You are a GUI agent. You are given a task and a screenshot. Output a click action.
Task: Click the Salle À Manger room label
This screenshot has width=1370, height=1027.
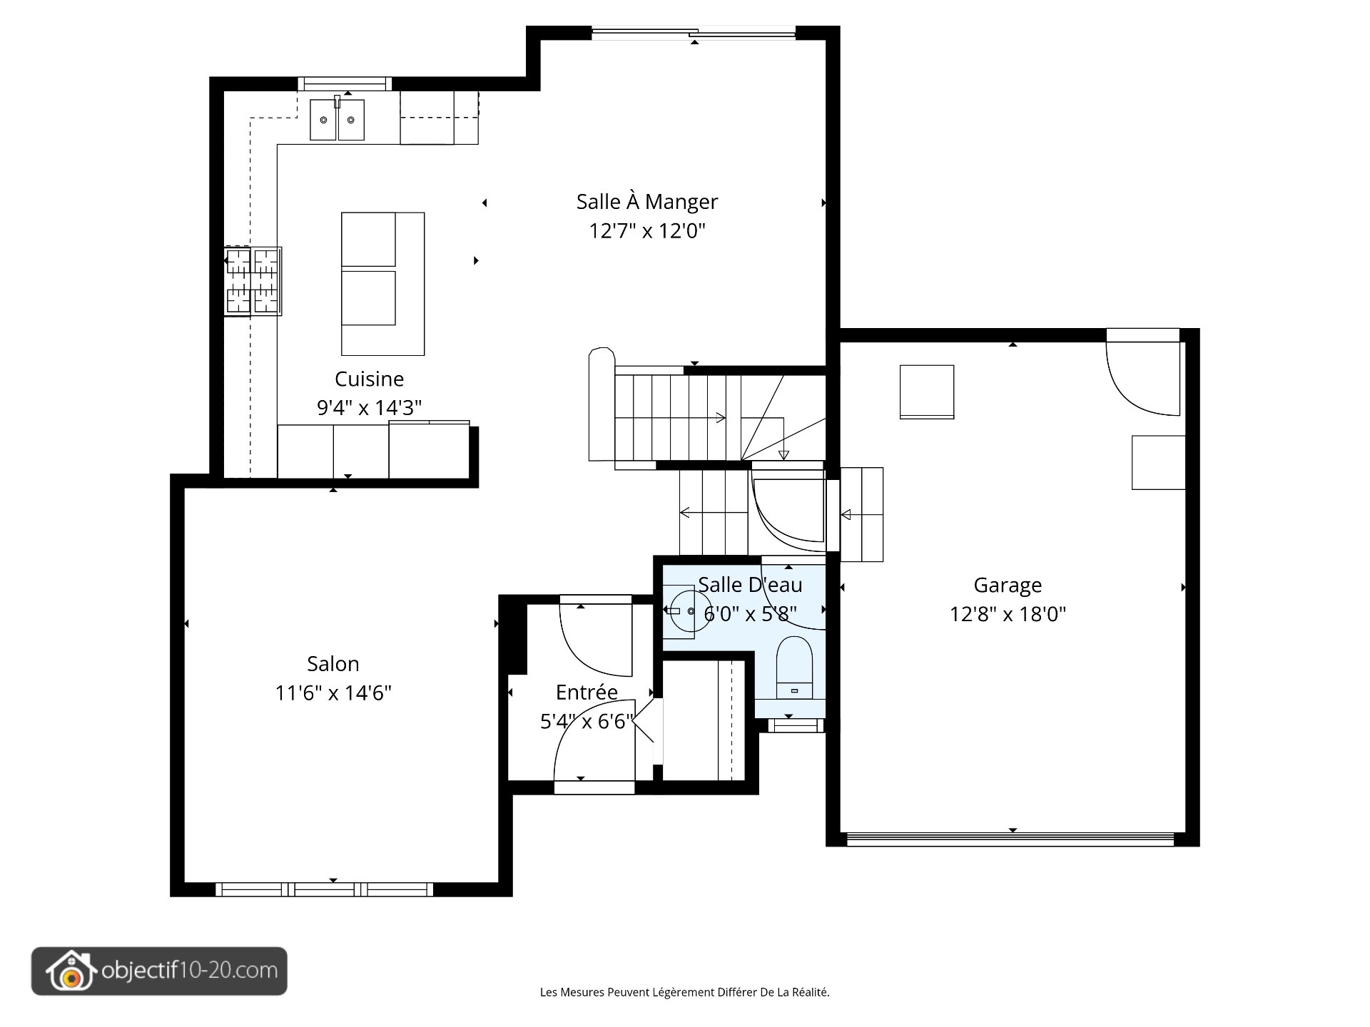[x=646, y=202]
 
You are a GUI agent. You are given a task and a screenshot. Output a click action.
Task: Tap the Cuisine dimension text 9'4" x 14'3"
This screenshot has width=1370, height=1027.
[x=369, y=408]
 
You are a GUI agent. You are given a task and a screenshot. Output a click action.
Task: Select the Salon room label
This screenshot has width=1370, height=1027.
[x=333, y=664]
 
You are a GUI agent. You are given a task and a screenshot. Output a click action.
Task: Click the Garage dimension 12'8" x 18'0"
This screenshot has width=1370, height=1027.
[x=1007, y=614]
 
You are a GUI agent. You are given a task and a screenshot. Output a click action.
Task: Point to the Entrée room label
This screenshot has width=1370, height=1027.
[x=587, y=693]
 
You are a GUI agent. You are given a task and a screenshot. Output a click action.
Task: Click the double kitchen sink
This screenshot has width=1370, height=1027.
[x=337, y=120]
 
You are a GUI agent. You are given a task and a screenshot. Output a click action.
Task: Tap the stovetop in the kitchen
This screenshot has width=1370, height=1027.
[x=252, y=281]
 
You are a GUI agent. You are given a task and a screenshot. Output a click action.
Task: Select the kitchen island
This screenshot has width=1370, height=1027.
[x=382, y=283]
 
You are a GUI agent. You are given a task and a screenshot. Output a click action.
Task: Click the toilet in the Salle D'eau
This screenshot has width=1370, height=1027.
[x=793, y=668]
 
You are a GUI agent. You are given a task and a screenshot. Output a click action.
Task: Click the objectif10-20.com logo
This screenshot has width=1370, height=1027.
[x=159, y=971]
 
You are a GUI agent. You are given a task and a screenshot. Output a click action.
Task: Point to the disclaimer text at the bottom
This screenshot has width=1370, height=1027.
[x=684, y=992]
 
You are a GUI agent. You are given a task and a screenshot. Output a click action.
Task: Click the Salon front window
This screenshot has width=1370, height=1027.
[x=324, y=889]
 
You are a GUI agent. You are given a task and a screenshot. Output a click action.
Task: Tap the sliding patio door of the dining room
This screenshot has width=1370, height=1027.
[x=694, y=33]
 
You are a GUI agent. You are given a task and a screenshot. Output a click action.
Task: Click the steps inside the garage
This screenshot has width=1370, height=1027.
[x=861, y=514]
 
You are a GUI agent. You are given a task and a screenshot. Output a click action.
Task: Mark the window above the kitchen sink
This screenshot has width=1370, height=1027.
[x=345, y=84]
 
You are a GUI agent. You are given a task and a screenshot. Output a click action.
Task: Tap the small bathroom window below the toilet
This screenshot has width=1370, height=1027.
[x=795, y=725]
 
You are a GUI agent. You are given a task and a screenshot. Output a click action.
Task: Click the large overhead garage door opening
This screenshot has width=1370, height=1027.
[x=1010, y=839]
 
